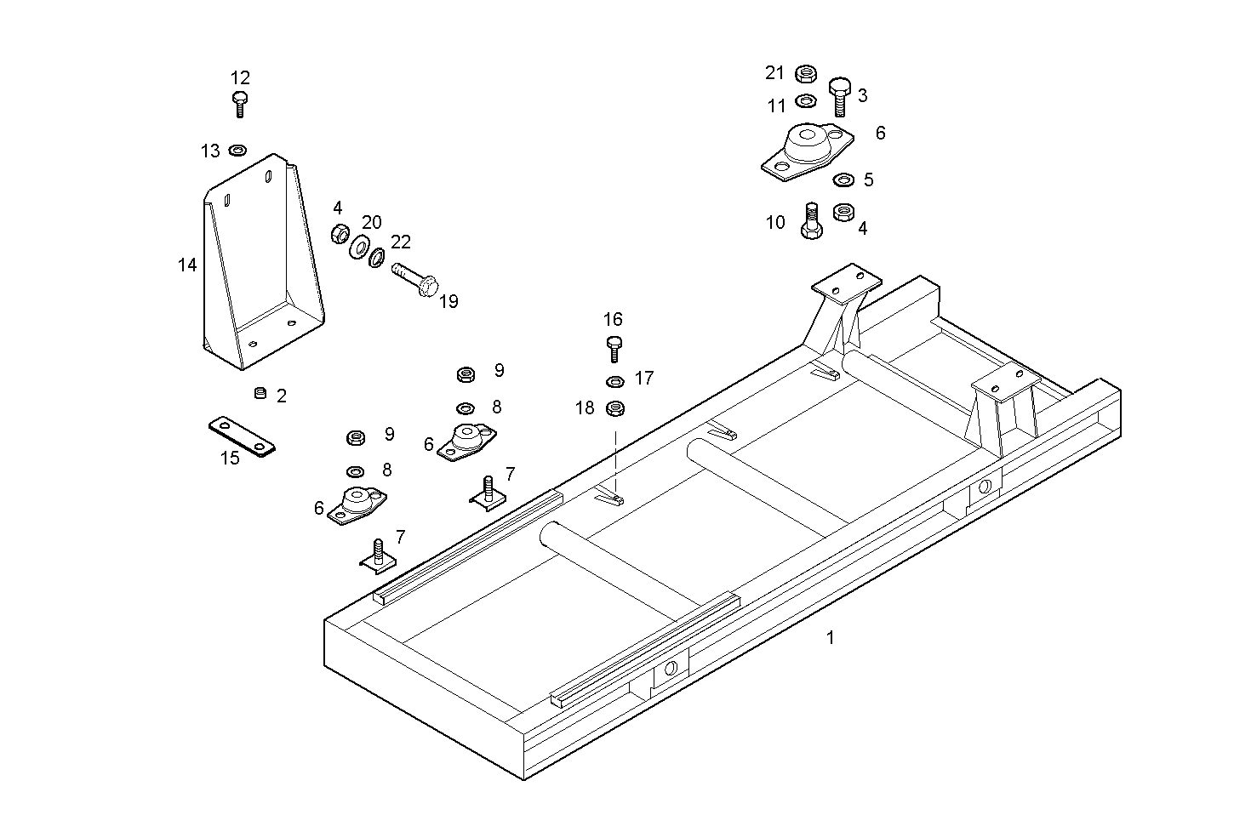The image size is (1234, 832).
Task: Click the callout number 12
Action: click(240, 78)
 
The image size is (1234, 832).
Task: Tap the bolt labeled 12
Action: click(240, 104)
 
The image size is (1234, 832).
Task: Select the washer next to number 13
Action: click(237, 151)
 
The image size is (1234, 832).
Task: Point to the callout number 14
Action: click(187, 265)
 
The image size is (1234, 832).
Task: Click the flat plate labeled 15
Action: click(243, 435)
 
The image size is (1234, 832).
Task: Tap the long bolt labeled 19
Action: click(414, 280)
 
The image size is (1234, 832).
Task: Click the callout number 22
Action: click(401, 242)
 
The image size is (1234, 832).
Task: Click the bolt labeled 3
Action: click(839, 94)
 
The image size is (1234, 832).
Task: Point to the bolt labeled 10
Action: click(811, 223)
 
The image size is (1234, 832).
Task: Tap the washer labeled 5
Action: click(843, 180)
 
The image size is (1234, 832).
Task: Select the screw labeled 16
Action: click(614, 348)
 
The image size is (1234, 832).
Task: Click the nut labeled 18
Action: click(615, 409)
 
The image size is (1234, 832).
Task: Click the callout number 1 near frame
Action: click(831, 637)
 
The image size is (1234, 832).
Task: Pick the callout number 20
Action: click(372, 223)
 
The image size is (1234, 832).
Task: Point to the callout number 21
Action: click(774, 73)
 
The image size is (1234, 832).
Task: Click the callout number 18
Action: click(585, 408)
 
